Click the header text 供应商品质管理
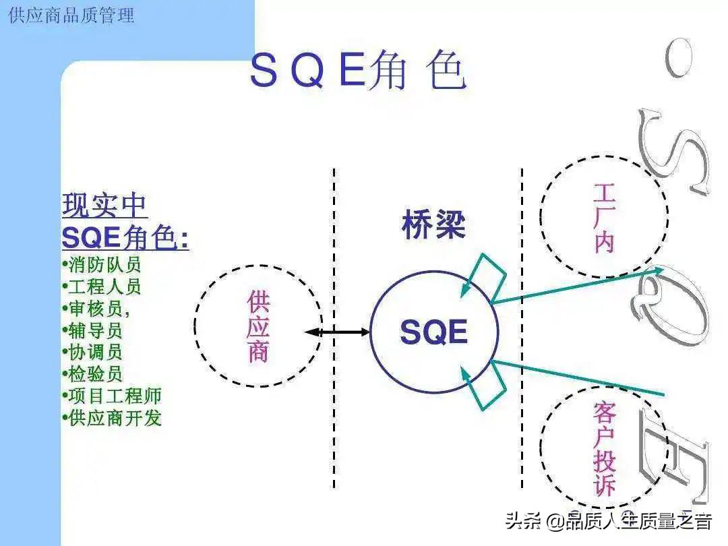point(71,15)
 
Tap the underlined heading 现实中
point(104,205)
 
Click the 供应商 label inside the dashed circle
point(258,326)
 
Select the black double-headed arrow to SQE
point(337,332)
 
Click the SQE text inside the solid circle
point(433,332)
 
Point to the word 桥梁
point(433,225)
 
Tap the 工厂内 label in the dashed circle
point(603,217)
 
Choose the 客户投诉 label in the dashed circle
point(605,450)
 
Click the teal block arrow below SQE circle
point(484,386)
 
